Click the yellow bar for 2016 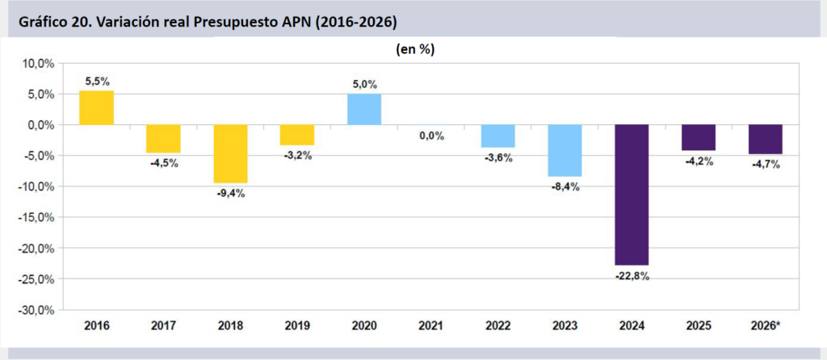96,108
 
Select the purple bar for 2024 632,195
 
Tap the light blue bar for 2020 364,110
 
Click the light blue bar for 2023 565,150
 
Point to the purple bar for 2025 699,137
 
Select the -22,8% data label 632,276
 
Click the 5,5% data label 96,82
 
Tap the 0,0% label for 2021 431,136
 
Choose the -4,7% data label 766,165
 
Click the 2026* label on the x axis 766,325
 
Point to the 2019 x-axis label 297,325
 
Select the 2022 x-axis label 498,325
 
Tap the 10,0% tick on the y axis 38,64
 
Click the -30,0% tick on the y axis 36,310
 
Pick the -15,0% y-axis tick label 36,218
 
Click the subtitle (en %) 415,49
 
